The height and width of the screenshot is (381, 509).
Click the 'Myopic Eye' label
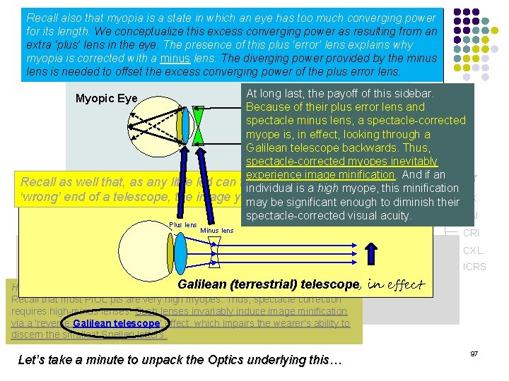coord(106,98)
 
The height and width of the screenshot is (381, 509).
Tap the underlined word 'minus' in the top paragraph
coord(175,58)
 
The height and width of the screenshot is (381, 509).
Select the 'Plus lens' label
coord(182,225)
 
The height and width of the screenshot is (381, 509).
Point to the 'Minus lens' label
coord(217,231)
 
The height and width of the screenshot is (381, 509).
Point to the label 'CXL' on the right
coord(472,250)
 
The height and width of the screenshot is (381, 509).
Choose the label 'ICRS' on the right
coord(474,267)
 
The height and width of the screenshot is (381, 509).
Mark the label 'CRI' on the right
coord(472,234)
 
